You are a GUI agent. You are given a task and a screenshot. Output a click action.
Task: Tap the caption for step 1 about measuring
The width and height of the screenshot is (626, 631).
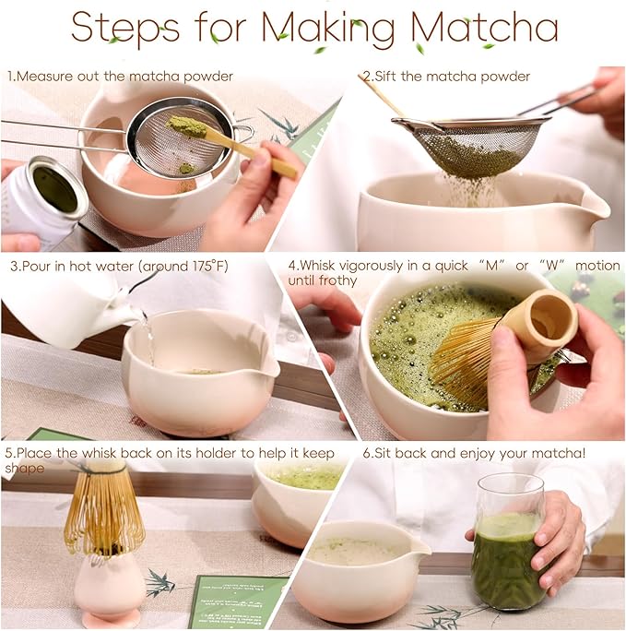[120, 77]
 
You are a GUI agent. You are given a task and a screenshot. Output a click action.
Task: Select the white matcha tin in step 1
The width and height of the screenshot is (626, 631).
[41, 203]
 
